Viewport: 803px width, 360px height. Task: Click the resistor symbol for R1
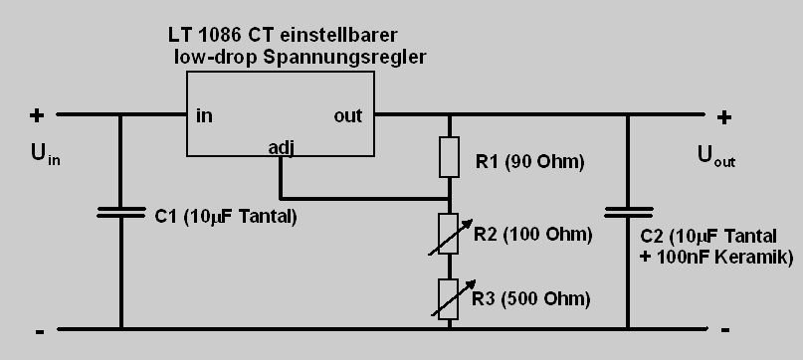[449, 157]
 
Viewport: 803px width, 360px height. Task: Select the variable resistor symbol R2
[450, 234]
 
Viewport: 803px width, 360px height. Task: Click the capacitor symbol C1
[120, 213]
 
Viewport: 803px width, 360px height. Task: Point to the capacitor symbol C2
[628, 212]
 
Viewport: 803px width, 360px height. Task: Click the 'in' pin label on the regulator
[204, 115]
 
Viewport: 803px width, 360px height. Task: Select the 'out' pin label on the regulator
[347, 115]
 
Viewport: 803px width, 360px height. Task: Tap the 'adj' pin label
[282, 148]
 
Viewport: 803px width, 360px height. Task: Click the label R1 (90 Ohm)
[530, 162]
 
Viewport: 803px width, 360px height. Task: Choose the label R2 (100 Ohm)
[532, 235]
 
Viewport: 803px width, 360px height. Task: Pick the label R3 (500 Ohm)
[531, 298]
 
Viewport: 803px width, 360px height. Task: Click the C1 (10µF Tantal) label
[226, 217]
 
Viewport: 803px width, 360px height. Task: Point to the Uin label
[46, 154]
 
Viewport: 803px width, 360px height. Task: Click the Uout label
[716, 155]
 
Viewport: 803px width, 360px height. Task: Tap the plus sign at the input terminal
[37, 115]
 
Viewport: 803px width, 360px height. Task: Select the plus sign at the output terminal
[723, 118]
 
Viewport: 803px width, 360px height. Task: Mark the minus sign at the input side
[40, 332]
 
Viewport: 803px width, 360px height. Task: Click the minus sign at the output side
[725, 330]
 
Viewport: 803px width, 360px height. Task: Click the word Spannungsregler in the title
[344, 58]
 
